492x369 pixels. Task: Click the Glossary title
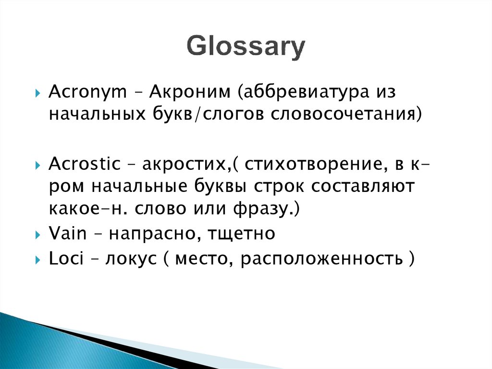pyautogui.click(x=246, y=47)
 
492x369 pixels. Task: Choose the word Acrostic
pyautogui.click(x=85, y=164)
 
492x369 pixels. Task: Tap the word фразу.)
pyautogui.click(x=273, y=209)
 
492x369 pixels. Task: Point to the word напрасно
pyautogui.click(x=149, y=234)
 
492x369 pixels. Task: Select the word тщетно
pyautogui.click(x=242, y=234)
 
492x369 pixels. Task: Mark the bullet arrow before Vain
pyautogui.click(x=38, y=235)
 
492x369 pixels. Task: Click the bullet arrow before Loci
pyautogui.click(x=38, y=259)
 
